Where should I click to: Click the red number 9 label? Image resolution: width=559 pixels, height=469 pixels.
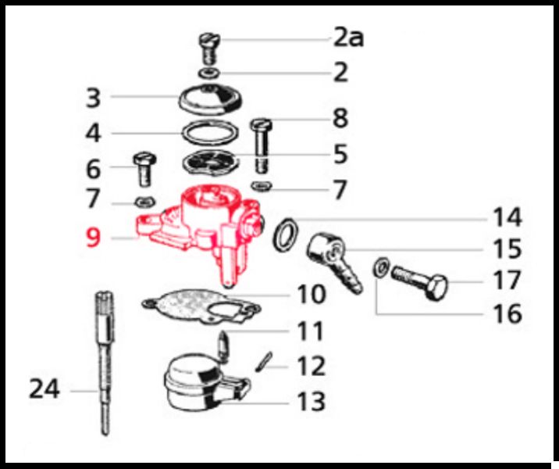pos(93,238)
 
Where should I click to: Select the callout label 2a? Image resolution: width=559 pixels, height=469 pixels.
pos(349,38)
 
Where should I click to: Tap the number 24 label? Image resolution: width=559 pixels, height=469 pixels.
pos(44,389)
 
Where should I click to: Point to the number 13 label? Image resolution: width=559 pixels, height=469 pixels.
pos(312,401)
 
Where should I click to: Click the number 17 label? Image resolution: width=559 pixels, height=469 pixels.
pos(507,280)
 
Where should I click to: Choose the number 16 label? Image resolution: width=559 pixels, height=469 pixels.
pos(507,313)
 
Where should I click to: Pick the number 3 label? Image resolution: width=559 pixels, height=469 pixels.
pos(94,98)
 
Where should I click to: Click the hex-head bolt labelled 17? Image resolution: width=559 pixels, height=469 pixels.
pos(419,282)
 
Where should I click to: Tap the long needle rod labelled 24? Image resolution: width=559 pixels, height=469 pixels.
pos(105,363)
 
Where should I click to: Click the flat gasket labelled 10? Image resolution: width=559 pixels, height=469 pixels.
pos(201,306)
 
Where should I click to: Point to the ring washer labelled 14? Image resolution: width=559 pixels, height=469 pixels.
pos(286,234)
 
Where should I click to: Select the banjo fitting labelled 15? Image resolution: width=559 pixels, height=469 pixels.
pos(333,260)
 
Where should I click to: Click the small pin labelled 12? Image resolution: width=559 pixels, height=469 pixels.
pos(264,362)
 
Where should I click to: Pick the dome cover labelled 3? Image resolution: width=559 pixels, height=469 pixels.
pos(210,99)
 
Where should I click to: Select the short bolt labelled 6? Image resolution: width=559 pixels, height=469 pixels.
pos(144,170)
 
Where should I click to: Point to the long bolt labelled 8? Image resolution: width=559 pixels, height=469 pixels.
pos(262,145)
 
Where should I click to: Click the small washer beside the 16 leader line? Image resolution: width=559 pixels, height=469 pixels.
pos(381,267)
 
